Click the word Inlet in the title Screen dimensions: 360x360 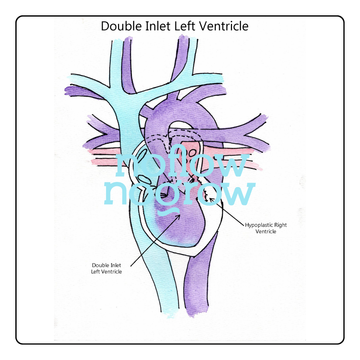(x=156, y=26)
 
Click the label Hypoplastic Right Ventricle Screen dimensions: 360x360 (x=266, y=228)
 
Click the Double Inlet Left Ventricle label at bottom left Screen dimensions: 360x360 (x=107, y=268)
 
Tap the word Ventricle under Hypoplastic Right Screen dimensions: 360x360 (x=266, y=231)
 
